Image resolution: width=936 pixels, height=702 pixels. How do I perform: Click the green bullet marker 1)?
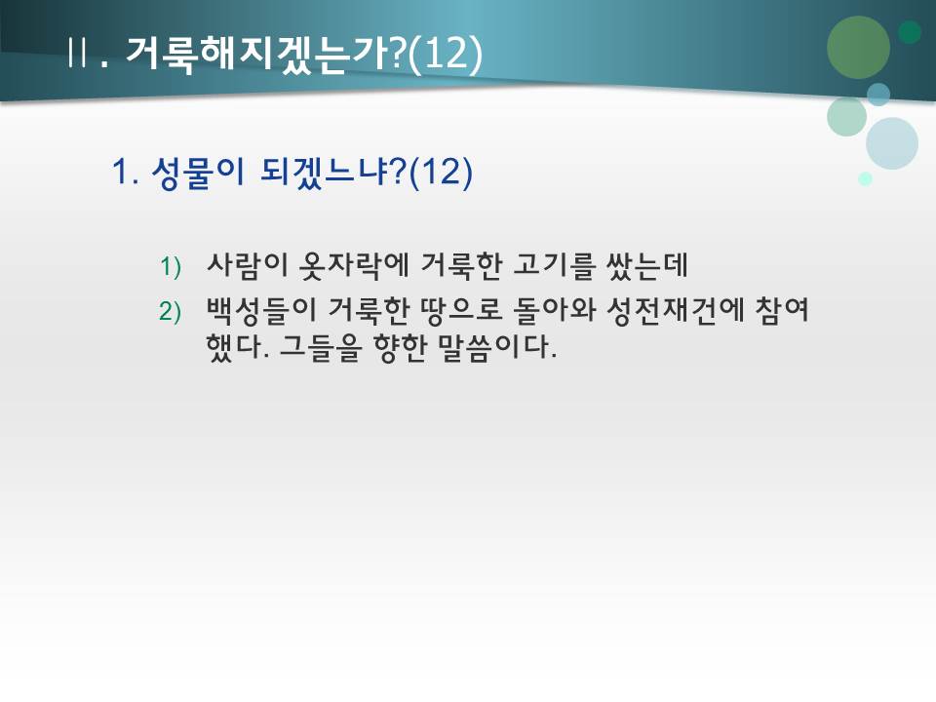click(x=171, y=265)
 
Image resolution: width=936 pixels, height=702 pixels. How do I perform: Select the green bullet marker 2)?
click(x=171, y=312)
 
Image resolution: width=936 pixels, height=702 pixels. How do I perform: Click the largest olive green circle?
click(x=858, y=47)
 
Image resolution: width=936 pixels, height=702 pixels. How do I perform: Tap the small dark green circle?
click(x=910, y=32)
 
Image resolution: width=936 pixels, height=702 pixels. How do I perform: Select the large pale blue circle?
click(x=892, y=143)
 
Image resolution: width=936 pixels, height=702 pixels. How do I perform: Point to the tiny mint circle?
click(x=865, y=178)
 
